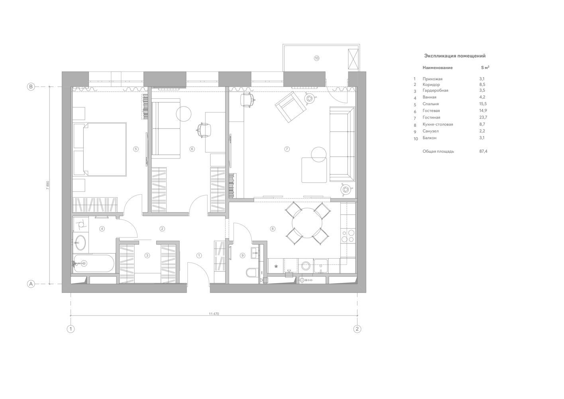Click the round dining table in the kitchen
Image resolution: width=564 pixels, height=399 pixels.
pyautogui.click(x=307, y=223)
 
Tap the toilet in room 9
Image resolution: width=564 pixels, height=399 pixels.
pyautogui.click(x=251, y=273)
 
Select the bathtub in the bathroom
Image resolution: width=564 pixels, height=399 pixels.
pyautogui.click(x=94, y=263)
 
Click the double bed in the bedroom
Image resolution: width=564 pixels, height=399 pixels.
pyautogui.click(x=100, y=149)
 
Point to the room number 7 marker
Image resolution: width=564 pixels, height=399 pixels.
pyautogui.click(x=287, y=149)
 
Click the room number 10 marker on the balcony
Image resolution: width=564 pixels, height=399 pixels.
pyautogui.click(x=316, y=58)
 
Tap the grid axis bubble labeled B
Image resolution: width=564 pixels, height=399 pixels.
pyautogui.click(x=31, y=87)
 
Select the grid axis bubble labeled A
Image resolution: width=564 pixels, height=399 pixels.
pyautogui.click(x=31, y=284)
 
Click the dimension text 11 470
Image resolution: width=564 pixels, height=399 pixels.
pyautogui.click(x=214, y=314)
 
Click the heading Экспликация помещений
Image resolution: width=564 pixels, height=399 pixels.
pyautogui.click(x=455, y=56)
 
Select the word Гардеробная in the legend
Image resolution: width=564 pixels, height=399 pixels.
pyautogui.click(x=435, y=90)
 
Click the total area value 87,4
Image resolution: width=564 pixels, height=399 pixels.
pyautogui.click(x=483, y=151)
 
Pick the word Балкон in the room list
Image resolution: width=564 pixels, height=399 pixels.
pyautogui.click(x=430, y=138)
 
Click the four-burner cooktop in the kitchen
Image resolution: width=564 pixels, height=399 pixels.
pyautogui.click(x=348, y=236)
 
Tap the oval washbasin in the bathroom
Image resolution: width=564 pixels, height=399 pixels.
pyautogui.click(x=81, y=243)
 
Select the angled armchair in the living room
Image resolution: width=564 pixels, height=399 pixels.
pyautogui.click(x=290, y=107)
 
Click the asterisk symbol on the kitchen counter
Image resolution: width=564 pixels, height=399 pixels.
pyautogui.click(x=276, y=266)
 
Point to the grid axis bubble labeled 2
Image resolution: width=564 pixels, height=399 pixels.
pyautogui.click(x=357, y=329)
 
